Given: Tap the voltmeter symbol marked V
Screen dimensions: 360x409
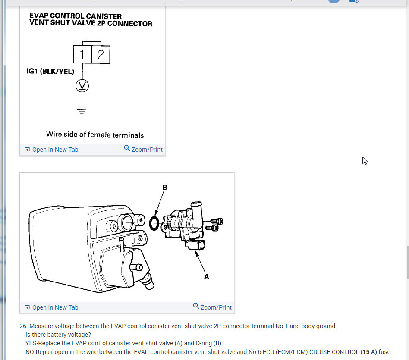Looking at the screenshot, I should pos(82,86).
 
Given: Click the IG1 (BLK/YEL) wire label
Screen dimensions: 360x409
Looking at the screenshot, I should pos(50,71).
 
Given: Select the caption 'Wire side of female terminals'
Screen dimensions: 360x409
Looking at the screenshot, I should pos(95,135).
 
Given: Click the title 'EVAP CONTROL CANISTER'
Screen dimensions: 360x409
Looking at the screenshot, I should pos(76,16).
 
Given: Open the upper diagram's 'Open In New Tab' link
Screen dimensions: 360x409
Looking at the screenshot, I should pos(55,150).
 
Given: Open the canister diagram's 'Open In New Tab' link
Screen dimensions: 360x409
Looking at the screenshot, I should pos(55,307).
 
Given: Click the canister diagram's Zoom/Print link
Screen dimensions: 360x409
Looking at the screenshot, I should pos(216,307).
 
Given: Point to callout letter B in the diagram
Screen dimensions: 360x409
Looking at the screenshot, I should pos(164,188).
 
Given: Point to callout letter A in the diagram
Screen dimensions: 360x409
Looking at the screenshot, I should pos(206,277).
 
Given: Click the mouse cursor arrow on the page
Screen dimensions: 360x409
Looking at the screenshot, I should pos(365,160).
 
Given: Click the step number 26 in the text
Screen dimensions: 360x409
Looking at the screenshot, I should pos(23,326).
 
